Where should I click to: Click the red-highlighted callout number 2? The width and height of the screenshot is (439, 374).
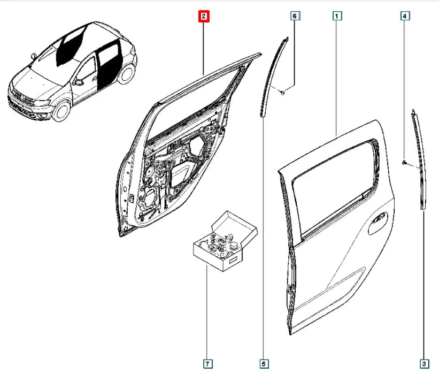pyautogui.click(x=204, y=16)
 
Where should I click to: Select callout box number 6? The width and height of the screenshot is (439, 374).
pyautogui.click(x=295, y=16)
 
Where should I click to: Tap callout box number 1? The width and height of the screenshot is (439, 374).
pyautogui.click(x=337, y=16)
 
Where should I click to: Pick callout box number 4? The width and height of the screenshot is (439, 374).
pyautogui.click(x=405, y=16)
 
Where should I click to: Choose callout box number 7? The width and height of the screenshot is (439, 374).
pyautogui.click(x=207, y=364)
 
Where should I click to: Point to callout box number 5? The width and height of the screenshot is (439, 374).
pyautogui.click(x=264, y=364)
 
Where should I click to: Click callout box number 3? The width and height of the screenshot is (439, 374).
pyautogui.click(x=424, y=364)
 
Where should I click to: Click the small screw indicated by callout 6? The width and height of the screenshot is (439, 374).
pyautogui.click(x=282, y=92)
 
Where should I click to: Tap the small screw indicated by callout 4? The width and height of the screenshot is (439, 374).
pyautogui.click(x=404, y=162)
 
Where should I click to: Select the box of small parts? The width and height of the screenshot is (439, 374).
pyautogui.click(x=225, y=241)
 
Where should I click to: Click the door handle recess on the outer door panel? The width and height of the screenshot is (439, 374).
pyautogui.click(x=377, y=223)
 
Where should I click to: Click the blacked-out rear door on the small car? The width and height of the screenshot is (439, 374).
pyautogui.click(x=108, y=63)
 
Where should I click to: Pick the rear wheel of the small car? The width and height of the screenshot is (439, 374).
pyautogui.click(x=126, y=74)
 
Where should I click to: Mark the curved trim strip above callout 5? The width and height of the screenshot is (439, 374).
pyautogui.click(x=273, y=76)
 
